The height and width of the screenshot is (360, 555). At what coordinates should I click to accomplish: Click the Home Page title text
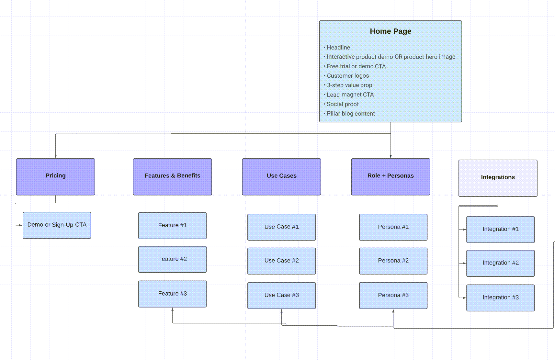click(391, 31)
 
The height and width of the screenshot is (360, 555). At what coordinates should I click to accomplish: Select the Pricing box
click(55, 177)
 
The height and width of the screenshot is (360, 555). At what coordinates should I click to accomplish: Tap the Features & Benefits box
click(172, 177)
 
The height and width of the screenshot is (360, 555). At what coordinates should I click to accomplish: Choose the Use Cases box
click(281, 177)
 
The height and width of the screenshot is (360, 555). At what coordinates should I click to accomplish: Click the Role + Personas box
click(391, 177)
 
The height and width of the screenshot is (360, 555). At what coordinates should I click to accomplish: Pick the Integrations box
click(498, 178)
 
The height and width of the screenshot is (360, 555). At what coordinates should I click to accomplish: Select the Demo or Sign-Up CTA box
click(57, 225)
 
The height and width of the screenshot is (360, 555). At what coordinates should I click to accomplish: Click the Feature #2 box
click(172, 259)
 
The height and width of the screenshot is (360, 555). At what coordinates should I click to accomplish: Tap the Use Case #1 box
click(281, 227)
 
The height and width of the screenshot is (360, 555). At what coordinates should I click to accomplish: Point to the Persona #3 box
click(393, 295)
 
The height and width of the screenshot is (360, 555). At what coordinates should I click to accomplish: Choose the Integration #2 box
click(500, 263)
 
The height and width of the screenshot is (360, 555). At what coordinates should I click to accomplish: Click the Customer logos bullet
click(348, 76)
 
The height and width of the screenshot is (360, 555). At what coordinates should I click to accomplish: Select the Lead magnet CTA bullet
click(350, 95)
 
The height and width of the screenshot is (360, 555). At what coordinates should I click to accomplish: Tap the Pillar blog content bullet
click(351, 114)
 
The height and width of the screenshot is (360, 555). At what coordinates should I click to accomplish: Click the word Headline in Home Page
click(338, 48)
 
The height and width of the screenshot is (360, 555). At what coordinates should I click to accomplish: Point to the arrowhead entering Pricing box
click(55, 156)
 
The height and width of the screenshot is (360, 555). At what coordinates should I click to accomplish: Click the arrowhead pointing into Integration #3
click(464, 298)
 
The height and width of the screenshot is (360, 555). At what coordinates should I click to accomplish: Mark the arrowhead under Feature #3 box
click(172, 309)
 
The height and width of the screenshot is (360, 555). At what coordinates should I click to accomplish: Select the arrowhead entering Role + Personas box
click(391, 156)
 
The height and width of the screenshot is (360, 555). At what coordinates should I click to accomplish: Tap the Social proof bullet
click(343, 104)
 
